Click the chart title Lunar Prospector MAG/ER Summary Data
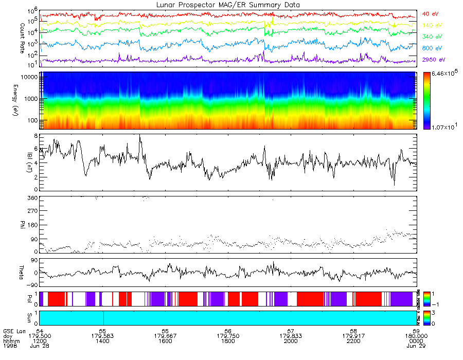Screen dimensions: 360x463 (227, 5)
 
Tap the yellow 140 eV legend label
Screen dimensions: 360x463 (431, 25)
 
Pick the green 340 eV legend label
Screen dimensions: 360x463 (431, 37)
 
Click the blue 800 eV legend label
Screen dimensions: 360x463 (431, 48)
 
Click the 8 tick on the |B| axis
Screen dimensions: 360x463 (34, 135)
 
